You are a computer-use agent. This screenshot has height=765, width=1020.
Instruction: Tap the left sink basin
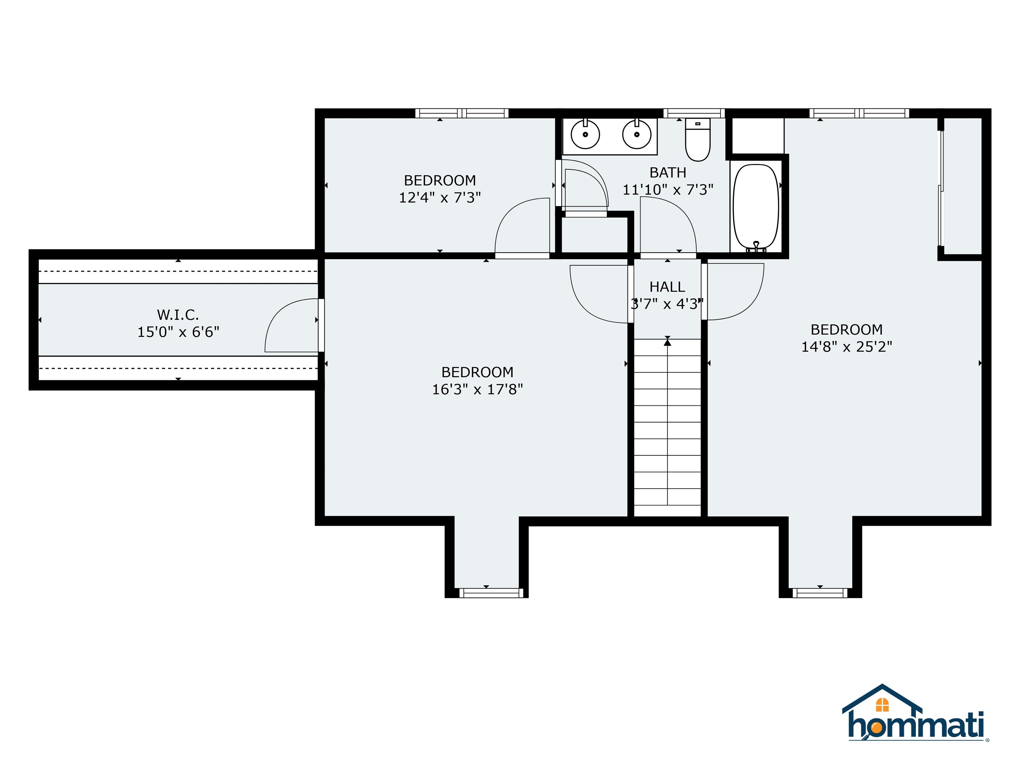tap(585, 134)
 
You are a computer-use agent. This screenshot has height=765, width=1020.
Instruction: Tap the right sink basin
tap(637, 134)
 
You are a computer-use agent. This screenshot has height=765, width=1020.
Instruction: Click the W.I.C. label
tap(178, 315)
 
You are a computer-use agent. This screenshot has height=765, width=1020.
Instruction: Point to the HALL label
tap(667, 287)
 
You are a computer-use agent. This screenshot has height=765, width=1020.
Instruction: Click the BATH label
tap(668, 172)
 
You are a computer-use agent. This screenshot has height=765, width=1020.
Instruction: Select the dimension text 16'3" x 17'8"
tap(477, 389)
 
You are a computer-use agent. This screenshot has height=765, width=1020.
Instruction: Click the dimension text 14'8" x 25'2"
tap(847, 347)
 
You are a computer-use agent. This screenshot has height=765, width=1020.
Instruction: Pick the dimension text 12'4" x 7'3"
tap(440, 197)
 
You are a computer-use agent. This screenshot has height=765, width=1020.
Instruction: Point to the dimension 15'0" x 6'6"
tap(178, 332)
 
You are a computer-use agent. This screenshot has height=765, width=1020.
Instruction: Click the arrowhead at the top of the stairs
tap(667, 342)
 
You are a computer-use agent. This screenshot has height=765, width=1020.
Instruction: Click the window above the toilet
tap(694, 113)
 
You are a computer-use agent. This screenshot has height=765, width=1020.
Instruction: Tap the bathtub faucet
tap(756, 246)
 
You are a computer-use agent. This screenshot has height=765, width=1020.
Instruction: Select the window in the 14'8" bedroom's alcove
tap(820, 593)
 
